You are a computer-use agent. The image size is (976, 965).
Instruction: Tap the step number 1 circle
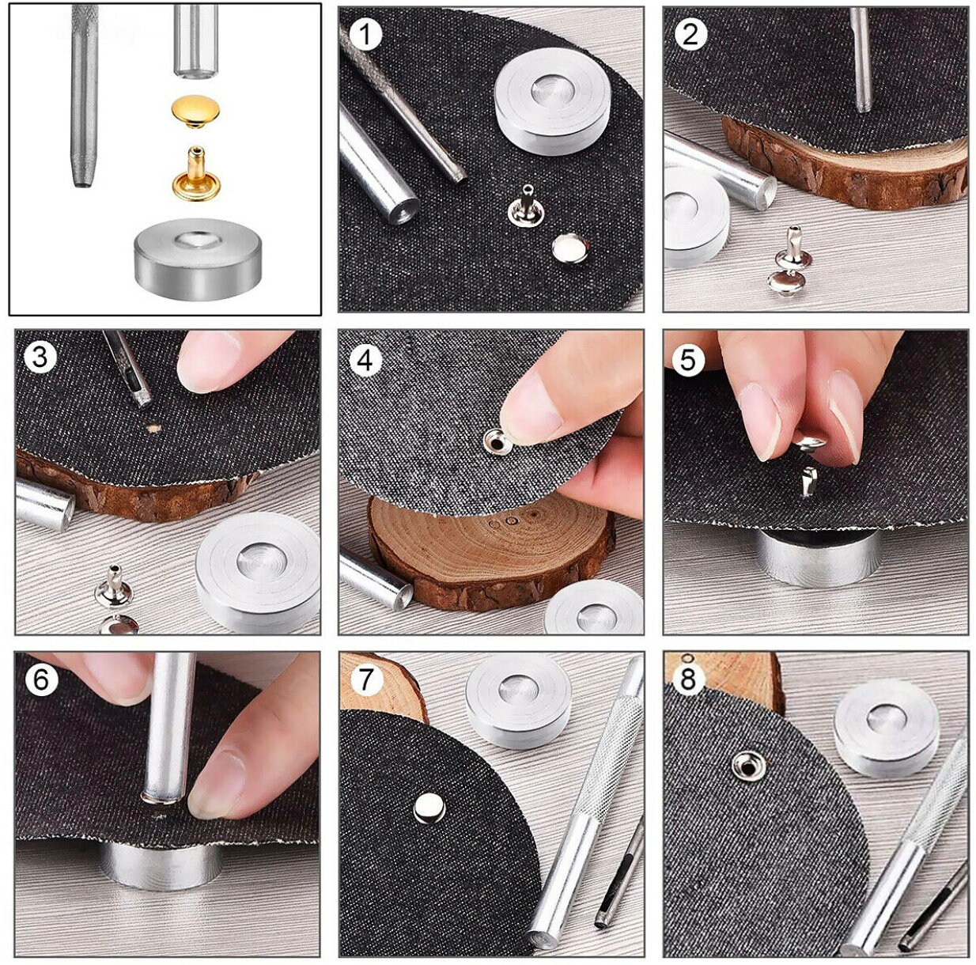(365, 34)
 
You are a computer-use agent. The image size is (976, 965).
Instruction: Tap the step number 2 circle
(690, 34)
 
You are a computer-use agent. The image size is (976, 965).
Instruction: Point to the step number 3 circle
(40, 357)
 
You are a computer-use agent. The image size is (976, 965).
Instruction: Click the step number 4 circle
(365, 360)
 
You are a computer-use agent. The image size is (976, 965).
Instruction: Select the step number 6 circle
(41, 679)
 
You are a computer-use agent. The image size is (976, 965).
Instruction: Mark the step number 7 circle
(365, 679)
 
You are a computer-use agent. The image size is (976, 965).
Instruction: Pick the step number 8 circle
(688, 679)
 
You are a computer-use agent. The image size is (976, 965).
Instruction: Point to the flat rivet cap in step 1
(567, 248)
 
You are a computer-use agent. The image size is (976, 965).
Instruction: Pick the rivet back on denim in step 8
(743, 764)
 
